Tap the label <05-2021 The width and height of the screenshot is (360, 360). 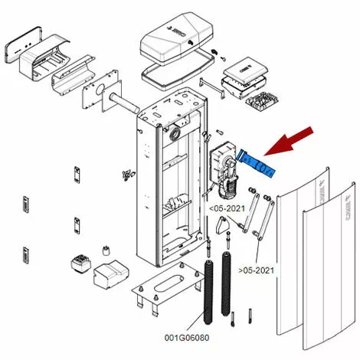pyautogui.click(x=228, y=206)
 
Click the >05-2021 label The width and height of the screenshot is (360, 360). pyautogui.click(x=257, y=270)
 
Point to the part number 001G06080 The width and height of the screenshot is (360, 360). pyautogui.click(x=187, y=336)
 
